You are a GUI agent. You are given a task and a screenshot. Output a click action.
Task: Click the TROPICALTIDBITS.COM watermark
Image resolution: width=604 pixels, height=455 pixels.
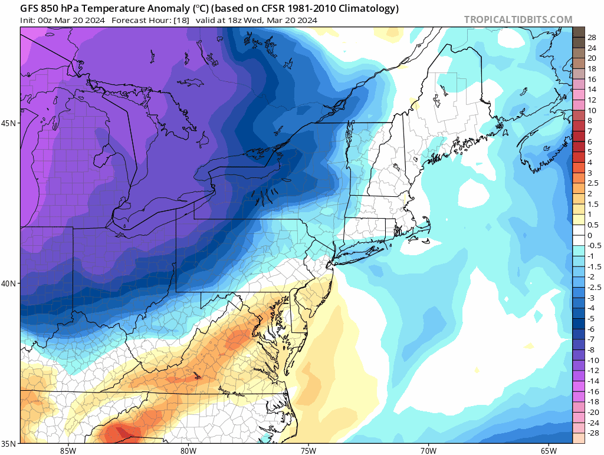click(518, 19)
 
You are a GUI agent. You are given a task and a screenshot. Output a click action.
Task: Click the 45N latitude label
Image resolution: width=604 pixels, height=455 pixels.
click(11, 123)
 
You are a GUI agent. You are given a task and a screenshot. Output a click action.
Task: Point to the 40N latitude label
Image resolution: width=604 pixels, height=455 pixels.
click(11, 283)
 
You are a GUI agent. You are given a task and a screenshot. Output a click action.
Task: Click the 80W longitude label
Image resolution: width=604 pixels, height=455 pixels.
click(188, 450)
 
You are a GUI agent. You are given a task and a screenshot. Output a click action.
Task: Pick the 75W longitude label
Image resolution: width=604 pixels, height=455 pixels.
click(308, 450)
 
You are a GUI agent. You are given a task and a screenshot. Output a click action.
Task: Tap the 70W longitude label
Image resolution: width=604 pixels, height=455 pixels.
click(428, 450)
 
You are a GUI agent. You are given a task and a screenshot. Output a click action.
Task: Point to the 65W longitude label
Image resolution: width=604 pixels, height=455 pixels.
click(548, 450)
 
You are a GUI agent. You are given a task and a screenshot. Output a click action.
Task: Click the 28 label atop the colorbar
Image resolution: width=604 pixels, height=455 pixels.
click(592, 37)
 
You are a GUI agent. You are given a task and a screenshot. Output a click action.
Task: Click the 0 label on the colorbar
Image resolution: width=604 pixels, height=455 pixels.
click(589, 235)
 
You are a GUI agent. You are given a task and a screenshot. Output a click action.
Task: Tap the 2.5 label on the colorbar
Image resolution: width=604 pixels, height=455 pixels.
click(592, 183)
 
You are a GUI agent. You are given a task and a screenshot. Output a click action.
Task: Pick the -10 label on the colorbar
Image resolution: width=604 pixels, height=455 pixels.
click(593, 360)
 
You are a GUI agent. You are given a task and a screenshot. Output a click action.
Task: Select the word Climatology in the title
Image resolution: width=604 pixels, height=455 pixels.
click(368, 9)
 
